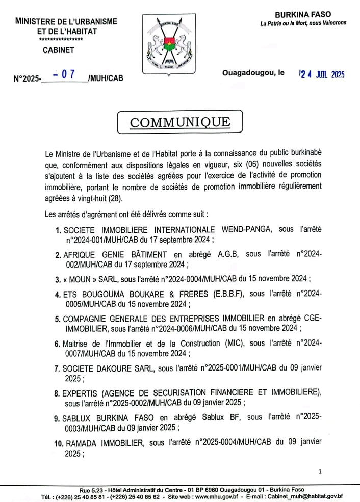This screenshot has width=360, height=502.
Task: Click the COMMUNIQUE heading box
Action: [180, 122]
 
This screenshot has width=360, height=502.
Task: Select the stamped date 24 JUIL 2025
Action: [321, 74]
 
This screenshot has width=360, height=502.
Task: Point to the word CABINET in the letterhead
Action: [59, 50]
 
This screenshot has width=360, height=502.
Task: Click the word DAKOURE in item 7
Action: [112, 368]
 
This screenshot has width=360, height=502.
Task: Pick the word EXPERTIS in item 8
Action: [81, 392]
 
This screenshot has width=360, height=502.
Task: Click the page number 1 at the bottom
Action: [320, 472]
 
